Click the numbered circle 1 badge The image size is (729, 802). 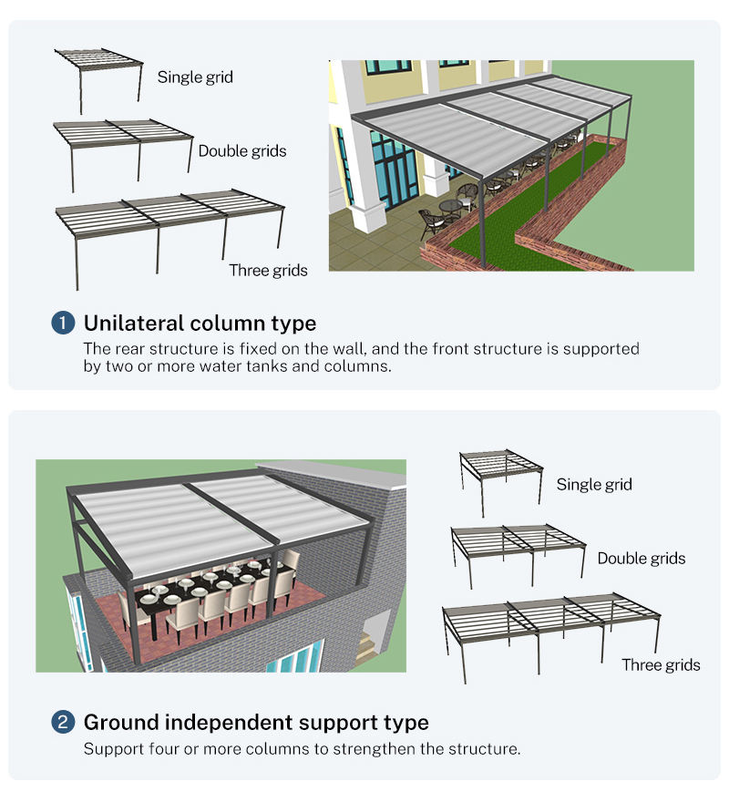pos(63,324)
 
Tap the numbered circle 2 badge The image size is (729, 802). pos(63,722)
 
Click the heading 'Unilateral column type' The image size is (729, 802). pos(200,324)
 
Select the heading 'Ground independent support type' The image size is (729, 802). pos(256,723)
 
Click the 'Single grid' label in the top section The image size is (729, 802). pos(195,77)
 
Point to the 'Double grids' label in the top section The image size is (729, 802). pos(242,151)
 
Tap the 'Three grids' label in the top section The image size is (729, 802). pos(268,270)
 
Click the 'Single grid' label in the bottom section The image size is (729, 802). pos(594,484)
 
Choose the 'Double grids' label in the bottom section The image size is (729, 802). pos(642,558)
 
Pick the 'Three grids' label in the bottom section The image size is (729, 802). pos(661,665)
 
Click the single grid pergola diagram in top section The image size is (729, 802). pos(98,80)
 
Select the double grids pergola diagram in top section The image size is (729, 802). pos(123,156)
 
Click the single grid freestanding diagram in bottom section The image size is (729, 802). pos(501,483)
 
